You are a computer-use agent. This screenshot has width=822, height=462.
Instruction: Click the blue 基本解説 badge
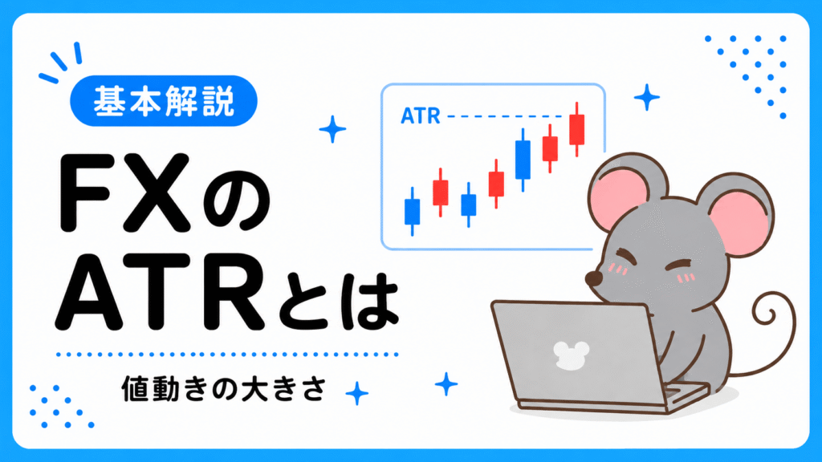[x=164, y=100]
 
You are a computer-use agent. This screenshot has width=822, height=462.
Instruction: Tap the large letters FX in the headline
[x=124, y=192]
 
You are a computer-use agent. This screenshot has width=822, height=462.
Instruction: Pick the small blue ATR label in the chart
[x=421, y=116]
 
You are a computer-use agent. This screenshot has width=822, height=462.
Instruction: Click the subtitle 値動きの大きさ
[x=225, y=388]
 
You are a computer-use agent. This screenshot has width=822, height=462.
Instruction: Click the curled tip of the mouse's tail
[x=769, y=314]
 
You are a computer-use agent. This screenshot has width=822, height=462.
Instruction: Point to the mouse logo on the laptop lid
[x=571, y=355]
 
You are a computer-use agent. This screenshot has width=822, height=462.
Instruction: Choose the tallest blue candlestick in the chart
[x=523, y=160]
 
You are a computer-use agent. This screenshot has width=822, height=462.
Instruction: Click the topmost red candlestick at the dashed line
[x=576, y=129]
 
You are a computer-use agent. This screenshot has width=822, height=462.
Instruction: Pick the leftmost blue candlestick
[x=412, y=211]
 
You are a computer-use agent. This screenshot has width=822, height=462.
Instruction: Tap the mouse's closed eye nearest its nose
[x=625, y=257]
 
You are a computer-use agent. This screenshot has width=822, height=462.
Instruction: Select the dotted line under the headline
[x=227, y=355]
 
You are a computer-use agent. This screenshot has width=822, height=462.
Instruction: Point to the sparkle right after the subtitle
[x=357, y=393]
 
